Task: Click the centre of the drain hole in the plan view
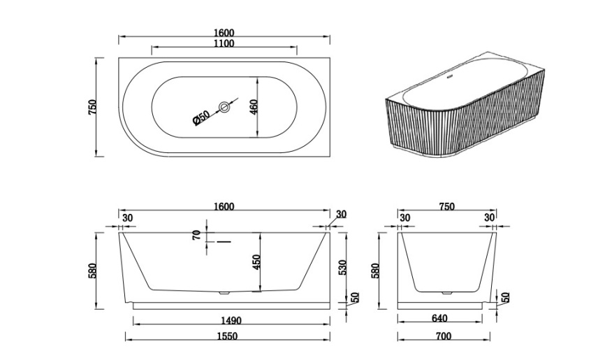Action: coord(224,107)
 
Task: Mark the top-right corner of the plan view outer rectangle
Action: coord(330,58)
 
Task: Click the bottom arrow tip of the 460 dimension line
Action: coord(257,137)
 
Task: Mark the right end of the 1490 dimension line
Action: coord(330,321)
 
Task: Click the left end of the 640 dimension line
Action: coord(398,321)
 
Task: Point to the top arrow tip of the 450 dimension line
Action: coord(261,233)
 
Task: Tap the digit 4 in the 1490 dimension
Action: coord(226,321)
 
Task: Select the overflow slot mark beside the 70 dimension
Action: coord(224,242)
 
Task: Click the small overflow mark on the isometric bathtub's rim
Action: coord(449,76)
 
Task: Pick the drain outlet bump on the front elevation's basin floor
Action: coord(224,293)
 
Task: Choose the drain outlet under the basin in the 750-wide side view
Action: coord(446,293)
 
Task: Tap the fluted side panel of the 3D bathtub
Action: coord(467,116)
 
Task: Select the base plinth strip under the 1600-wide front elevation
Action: coord(231,306)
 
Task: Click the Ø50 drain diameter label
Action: coord(201,117)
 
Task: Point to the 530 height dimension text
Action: coord(342,267)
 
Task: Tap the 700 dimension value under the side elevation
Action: coord(444,336)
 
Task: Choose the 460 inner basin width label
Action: coord(254,107)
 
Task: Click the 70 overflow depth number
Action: coord(196,234)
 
